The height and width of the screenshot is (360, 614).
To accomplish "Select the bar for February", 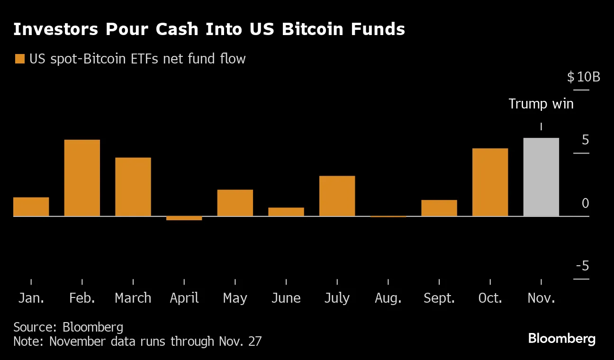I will [82, 178].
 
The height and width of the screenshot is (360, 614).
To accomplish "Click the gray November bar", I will [541, 177].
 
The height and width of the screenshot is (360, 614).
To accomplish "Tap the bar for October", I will [490, 182].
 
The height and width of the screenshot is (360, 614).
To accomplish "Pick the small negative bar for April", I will [184, 218].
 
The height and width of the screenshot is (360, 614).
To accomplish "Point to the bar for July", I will [337, 196].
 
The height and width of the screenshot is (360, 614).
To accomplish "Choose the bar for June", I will [286, 212].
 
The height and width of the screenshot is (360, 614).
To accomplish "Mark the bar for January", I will [31, 207].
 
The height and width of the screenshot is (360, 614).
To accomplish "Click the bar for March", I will [133, 187].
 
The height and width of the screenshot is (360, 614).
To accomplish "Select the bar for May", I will [235, 203].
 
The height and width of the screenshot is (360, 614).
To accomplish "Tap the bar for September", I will [439, 208].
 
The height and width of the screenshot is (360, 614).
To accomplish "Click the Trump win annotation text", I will [541, 104].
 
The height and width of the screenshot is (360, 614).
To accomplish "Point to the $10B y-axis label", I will [583, 77].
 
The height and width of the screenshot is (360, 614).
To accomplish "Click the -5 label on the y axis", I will [582, 266].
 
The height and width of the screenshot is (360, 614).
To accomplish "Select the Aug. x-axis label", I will [388, 298].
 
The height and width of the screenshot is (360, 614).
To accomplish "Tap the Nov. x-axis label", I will [541, 298].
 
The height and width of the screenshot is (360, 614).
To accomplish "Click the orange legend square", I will [20, 59].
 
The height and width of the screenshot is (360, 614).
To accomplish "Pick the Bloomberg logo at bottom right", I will [561, 339].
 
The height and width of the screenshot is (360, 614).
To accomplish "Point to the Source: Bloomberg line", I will [68, 327].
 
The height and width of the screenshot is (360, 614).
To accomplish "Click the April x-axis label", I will [184, 298].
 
